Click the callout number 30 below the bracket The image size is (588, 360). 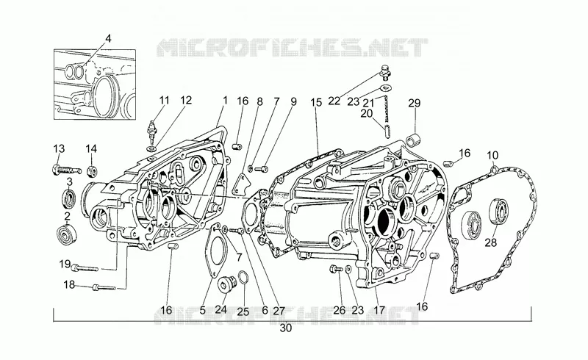coord(285,328)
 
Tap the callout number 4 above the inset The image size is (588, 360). coord(108,39)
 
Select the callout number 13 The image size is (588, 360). coord(59,149)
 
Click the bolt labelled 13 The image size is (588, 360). coord(65,170)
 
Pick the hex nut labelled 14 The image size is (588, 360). coord(92,170)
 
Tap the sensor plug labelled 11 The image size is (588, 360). coord(152,132)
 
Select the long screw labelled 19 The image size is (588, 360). coord(85,267)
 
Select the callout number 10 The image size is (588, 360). coord(492,155)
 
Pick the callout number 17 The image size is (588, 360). coord(379,310)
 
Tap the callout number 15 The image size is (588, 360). coord(316,102)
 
